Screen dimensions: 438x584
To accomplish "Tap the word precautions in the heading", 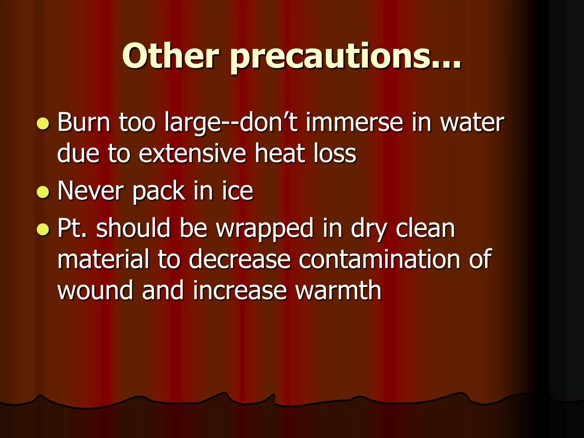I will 346,57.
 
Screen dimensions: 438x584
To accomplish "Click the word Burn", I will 84,123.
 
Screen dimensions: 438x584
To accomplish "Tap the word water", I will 472,123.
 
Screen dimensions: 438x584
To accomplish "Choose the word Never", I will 91,191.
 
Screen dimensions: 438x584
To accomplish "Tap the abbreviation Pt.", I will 72,228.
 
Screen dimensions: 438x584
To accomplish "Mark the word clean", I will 425,228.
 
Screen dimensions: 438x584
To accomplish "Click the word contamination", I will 379,259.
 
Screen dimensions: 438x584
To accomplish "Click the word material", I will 103,259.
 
